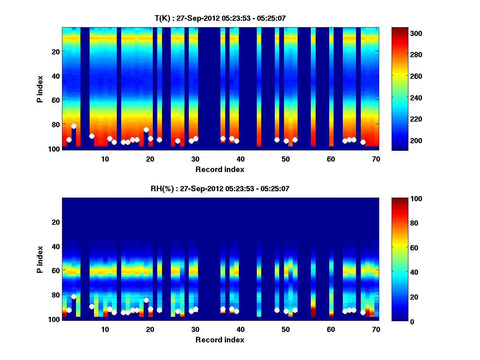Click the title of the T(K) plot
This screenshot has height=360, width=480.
220,18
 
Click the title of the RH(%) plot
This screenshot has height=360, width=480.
220,188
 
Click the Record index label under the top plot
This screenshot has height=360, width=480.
220,169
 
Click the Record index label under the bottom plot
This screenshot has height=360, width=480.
220,340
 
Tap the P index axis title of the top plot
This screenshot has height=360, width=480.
40,88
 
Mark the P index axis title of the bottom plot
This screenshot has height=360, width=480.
40,259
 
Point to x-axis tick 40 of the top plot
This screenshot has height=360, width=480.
240,158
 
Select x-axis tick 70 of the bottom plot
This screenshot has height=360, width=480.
376,329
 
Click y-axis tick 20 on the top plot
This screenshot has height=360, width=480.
56,51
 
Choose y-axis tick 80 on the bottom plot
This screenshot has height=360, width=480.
56,295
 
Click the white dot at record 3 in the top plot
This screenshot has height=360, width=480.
74,126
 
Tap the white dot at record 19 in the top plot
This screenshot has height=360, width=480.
146,130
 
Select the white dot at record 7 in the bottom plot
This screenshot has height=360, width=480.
92,306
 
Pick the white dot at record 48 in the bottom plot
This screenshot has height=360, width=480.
277,310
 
